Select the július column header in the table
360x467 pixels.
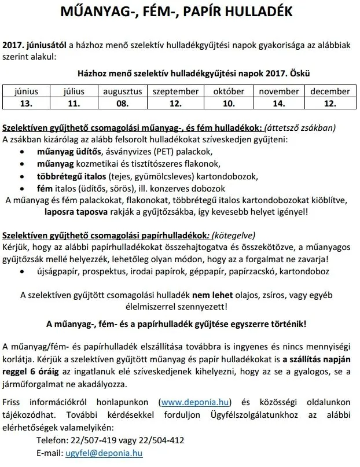(73, 91)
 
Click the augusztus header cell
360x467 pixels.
(122, 91)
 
